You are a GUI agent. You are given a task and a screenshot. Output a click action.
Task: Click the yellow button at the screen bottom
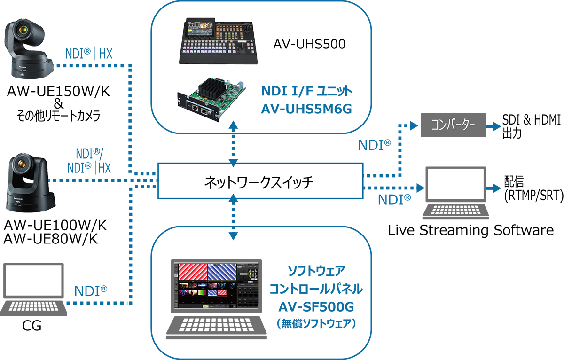point(205,306)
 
